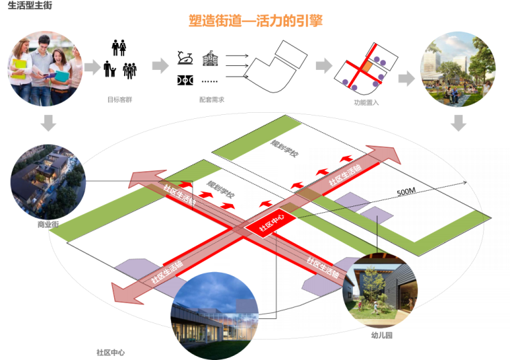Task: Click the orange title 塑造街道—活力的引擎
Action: coord(256,21)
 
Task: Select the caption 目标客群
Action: coord(119,99)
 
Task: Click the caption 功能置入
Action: coord(366,104)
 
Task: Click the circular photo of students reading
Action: coord(46,69)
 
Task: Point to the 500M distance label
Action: coord(407,192)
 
